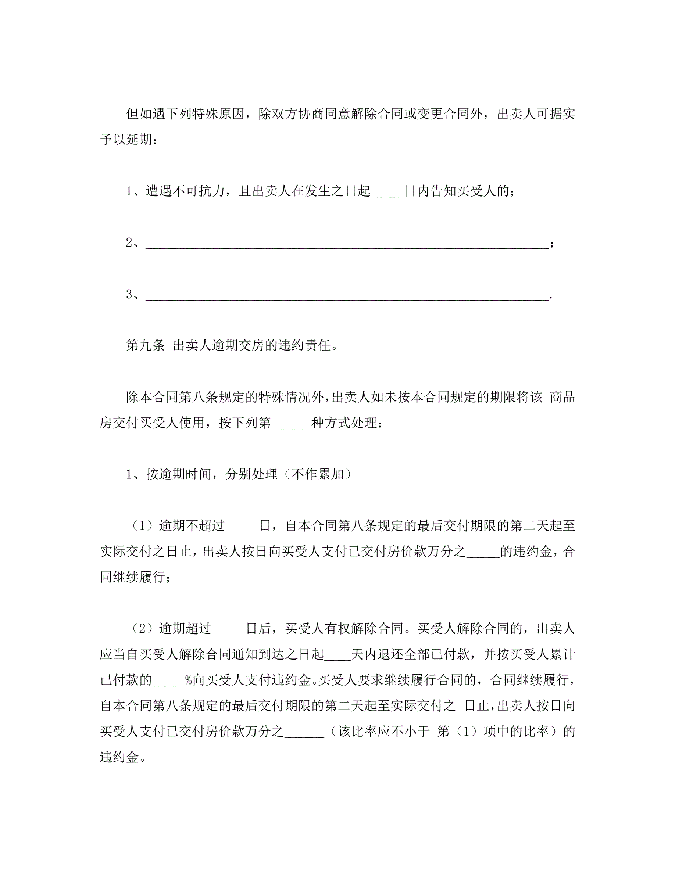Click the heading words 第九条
(x=145, y=345)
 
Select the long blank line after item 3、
(x=347, y=296)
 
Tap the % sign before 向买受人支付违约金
(x=189, y=680)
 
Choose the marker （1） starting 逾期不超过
(x=143, y=526)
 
